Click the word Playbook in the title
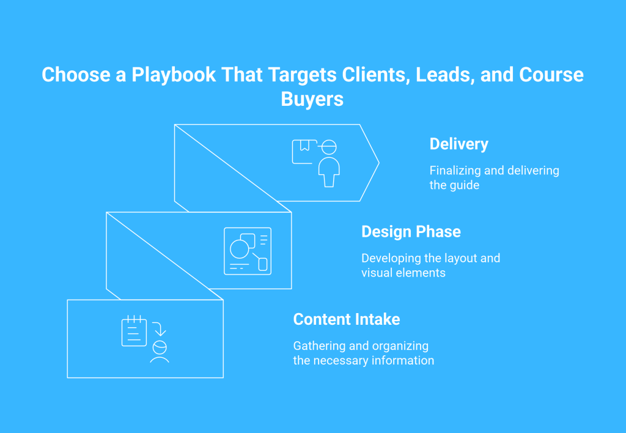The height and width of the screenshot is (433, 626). click(x=174, y=75)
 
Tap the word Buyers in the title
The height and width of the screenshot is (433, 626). click(x=312, y=99)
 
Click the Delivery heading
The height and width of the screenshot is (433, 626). click(x=458, y=144)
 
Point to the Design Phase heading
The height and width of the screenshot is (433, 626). click(x=411, y=232)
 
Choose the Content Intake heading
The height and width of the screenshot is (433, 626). click(x=347, y=319)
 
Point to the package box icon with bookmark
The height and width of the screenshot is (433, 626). click(x=304, y=152)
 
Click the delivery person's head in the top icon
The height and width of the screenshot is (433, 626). click(x=329, y=147)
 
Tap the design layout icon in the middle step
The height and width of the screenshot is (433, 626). click(x=248, y=251)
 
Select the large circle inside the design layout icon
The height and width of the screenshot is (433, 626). click(x=240, y=250)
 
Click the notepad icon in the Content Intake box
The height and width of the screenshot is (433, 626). click(x=134, y=331)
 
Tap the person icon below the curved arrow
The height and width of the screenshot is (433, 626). click(x=160, y=352)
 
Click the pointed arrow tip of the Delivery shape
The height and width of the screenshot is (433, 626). click(x=379, y=163)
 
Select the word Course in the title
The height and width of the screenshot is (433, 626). click(x=551, y=75)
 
